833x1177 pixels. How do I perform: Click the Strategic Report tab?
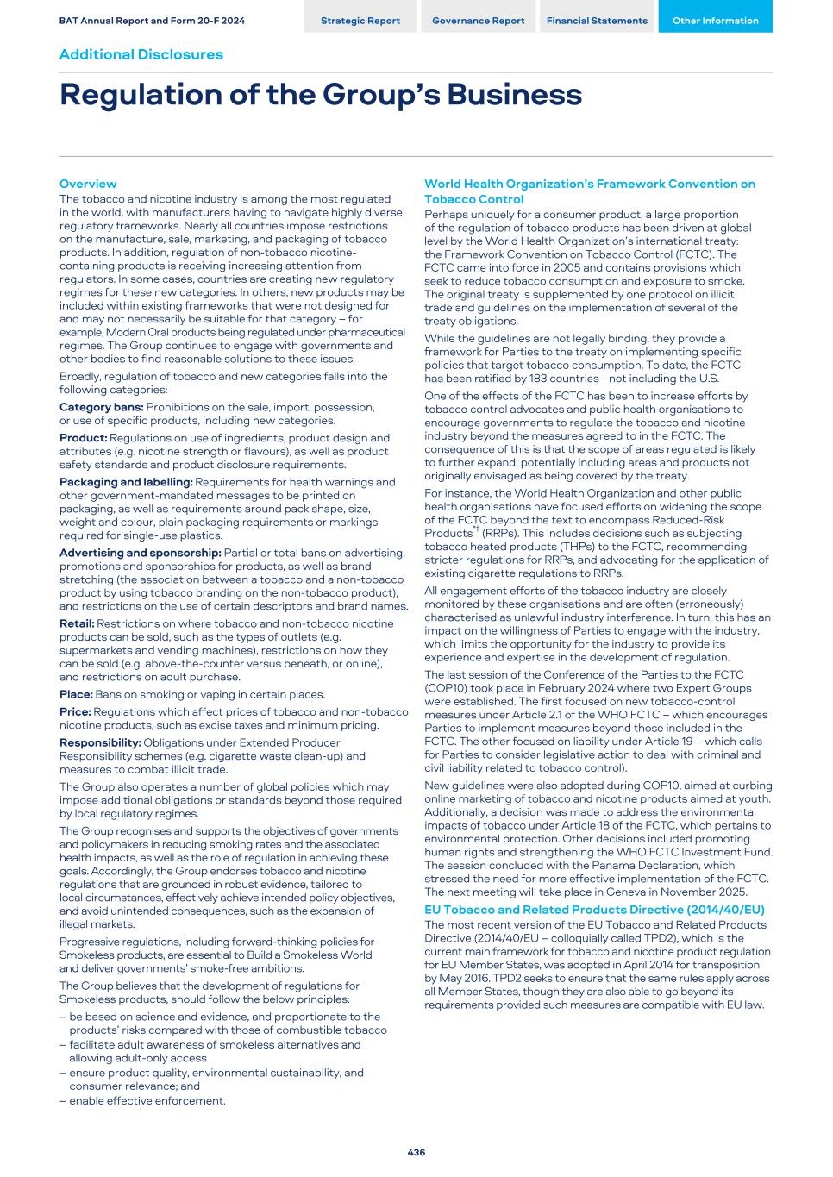pyautogui.click(x=360, y=21)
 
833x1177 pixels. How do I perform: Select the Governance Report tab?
pyautogui.click(x=478, y=21)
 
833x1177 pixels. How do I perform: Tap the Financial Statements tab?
pyautogui.click(x=597, y=21)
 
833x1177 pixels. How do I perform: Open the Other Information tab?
pyautogui.click(x=715, y=21)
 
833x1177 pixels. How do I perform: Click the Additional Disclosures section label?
pyautogui.click(x=141, y=54)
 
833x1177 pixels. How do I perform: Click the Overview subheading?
pyautogui.click(x=87, y=184)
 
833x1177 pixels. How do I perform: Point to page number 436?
pyautogui.click(x=416, y=1152)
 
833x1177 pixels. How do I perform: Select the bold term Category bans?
pyautogui.click(x=101, y=407)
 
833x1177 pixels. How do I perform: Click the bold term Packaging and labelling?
pyautogui.click(x=126, y=482)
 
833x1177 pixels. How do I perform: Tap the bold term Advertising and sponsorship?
pyautogui.click(x=140, y=553)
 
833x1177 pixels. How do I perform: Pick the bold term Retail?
pyautogui.click(x=77, y=623)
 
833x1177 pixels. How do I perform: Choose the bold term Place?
pyautogui.click(x=76, y=694)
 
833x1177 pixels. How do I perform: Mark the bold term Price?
pyautogui.click(x=75, y=711)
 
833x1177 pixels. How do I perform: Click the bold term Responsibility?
pyautogui.click(x=100, y=742)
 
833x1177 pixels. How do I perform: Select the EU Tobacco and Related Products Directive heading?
pyautogui.click(x=594, y=910)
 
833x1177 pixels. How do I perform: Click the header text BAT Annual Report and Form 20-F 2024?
pyautogui.click(x=152, y=21)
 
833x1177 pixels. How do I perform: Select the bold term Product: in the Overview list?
pyautogui.click(x=83, y=438)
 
